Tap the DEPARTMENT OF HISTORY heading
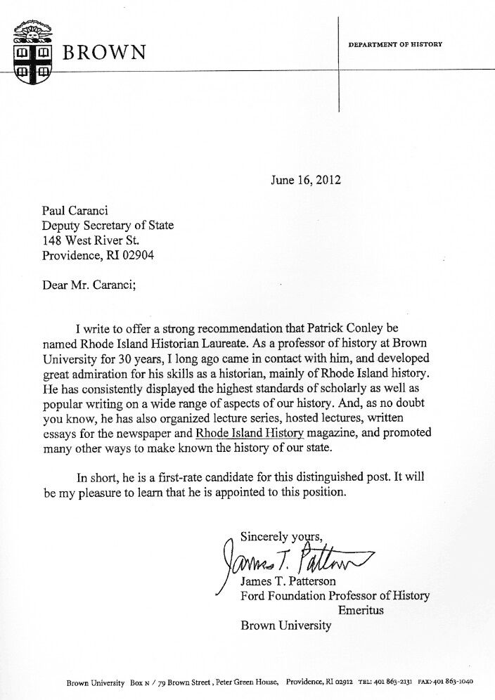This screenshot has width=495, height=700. [395, 44]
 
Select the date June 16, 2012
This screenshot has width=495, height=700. [305, 180]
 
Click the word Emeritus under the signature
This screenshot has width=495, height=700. [361, 611]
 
